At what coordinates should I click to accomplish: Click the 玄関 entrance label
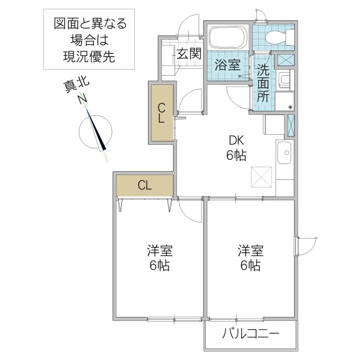188,53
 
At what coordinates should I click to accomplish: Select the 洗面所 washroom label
264,82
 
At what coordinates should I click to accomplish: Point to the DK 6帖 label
236,147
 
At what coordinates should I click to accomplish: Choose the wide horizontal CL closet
144,185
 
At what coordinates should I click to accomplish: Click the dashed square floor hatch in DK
262,178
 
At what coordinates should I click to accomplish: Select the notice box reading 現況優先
90,41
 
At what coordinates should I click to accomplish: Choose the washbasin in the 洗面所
284,79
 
